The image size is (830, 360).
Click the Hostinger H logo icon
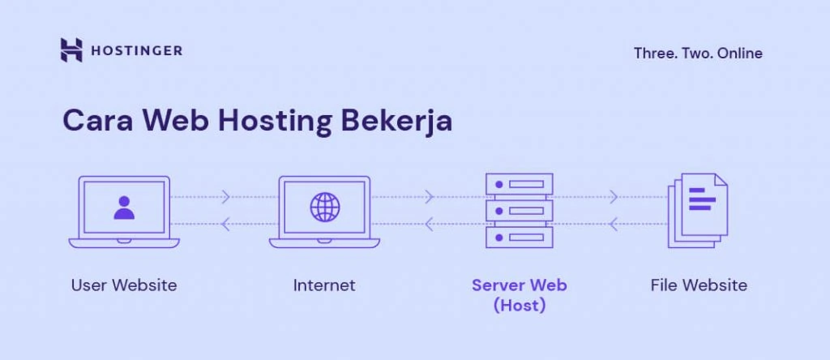point(71,50)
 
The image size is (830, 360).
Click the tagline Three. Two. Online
point(698,54)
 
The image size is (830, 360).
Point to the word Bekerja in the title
point(396,121)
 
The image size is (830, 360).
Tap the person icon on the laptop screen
point(124,208)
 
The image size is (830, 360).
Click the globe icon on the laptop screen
point(325,208)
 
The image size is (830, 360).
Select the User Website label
point(124,285)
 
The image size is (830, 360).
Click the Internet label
point(324,285)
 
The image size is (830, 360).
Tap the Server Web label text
point(520,285)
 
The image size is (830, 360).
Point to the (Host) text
point(520,306)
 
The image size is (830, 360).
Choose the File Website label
point(699,285)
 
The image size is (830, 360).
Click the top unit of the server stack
point(520,184)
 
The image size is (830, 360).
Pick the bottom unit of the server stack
point(520,237)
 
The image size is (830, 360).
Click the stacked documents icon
point(698,209)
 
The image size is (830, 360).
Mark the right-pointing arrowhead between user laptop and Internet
point(226,197)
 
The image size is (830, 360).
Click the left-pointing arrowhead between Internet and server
point(427,223)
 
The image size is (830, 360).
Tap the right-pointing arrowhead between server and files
point(614,197)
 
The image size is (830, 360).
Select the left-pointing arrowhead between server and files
point(614,223)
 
